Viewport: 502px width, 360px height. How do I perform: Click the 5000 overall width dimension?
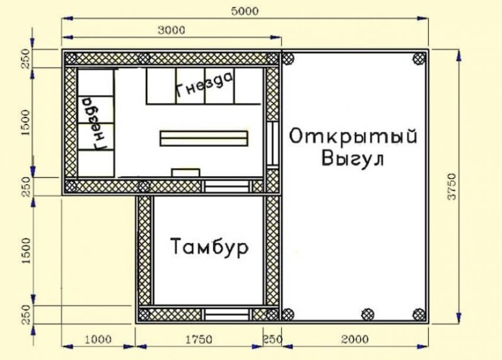click(x=244, y=11)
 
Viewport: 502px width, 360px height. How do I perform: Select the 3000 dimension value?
click(x=171, y=29)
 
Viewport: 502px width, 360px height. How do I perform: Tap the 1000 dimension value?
click(x=98, y=339)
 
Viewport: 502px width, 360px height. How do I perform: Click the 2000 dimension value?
click(x=354, y=339)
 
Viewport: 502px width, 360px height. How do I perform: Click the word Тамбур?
click(x=210, y=246)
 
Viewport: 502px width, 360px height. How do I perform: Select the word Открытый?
click(x=354, y=136)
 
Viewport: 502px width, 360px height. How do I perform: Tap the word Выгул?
click(x=353, y=159)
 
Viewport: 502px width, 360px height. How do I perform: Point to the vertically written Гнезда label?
click(x=95, y=123)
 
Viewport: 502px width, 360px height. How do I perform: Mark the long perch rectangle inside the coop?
click(x=204, y=138)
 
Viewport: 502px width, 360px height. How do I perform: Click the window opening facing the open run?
click(x=273, y=143)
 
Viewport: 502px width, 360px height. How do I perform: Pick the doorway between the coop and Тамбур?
click(x=226, y=186)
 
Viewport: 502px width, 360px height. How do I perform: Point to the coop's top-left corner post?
click(x=71, y=58)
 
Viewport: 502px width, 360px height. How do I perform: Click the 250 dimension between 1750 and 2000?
click(x=273, y=339)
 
